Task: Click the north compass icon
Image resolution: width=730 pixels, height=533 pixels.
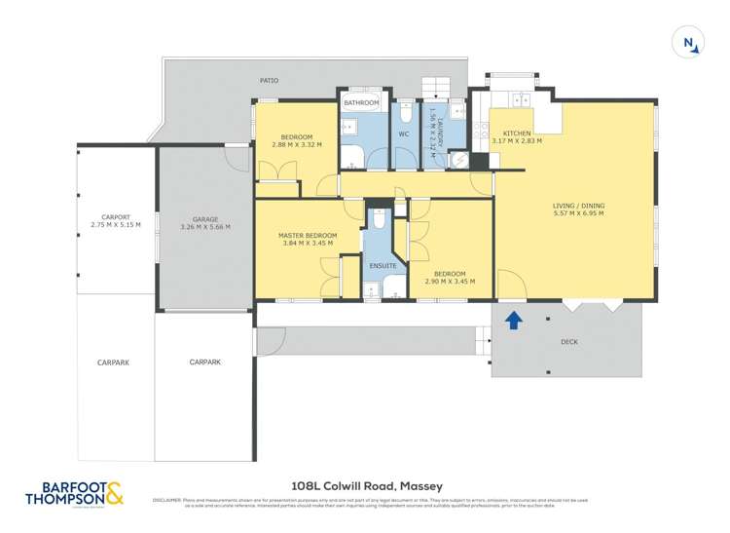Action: (688, 42)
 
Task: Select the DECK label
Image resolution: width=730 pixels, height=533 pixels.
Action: (569, 342)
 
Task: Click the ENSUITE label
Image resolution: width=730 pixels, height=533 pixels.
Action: (383, 265)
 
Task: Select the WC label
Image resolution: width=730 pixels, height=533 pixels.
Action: (404, 133)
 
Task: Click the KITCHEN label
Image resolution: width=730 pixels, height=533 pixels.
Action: (516, 133)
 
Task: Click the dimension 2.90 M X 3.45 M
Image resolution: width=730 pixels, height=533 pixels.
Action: (449, 282)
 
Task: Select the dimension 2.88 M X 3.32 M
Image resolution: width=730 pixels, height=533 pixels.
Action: (297, 144)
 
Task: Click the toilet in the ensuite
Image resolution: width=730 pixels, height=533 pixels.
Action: (381, 222)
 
